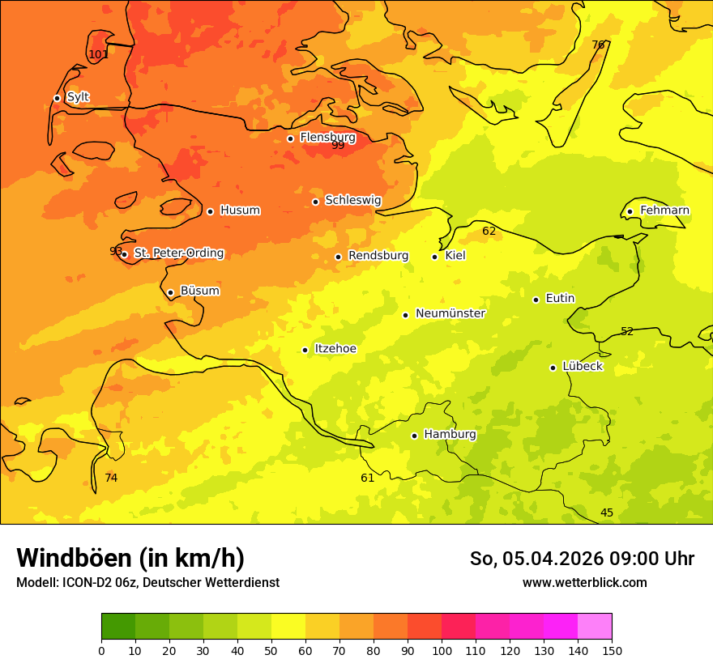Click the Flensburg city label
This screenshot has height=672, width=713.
click(327, 138)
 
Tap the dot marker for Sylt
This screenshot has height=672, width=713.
click(57, 98)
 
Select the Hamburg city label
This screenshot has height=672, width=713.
click(450, 435)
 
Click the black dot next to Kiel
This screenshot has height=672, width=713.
click(434, 257)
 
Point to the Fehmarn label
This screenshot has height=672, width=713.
click(664, 211)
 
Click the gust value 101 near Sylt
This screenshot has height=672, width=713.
click(98, 55)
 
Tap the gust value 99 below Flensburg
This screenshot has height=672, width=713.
click(338, 146)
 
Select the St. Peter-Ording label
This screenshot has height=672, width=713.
click(178, 253)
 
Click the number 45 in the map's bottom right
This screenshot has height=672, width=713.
click(607, 513)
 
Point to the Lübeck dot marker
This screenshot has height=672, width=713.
click(553, 368)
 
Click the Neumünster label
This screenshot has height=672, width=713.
click(450, 313)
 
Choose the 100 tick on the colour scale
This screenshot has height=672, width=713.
click(442, 649)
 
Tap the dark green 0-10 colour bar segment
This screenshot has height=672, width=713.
click(118, 627)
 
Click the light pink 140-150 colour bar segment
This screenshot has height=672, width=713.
click(595, 627)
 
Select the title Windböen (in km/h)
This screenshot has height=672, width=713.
click(130, 558)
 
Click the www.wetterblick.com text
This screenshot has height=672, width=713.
click(584, 583)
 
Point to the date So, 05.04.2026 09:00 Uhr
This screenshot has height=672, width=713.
click(582, 559)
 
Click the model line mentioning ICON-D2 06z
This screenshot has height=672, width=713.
click(147, 583)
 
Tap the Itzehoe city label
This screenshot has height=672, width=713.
click(335, 349)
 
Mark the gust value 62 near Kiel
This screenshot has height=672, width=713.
click(489, 232)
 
